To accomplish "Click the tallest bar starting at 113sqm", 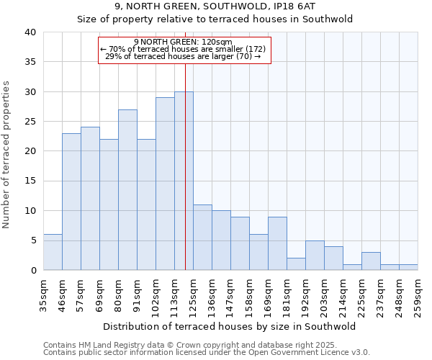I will click(184, 181).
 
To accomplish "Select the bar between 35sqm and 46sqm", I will click(53, 252).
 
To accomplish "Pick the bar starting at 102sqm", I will click(165, 184).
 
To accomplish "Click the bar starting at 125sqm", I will click(202, 238).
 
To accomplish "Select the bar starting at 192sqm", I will click(315, 256).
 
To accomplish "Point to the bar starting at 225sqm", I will click(371, 261).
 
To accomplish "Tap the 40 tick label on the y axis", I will click(30, 32).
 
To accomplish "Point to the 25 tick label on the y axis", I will click(30, 122).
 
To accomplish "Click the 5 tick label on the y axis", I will click(32, 240).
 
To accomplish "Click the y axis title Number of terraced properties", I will click(6, 154).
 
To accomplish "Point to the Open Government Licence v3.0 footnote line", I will click(207, 353).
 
